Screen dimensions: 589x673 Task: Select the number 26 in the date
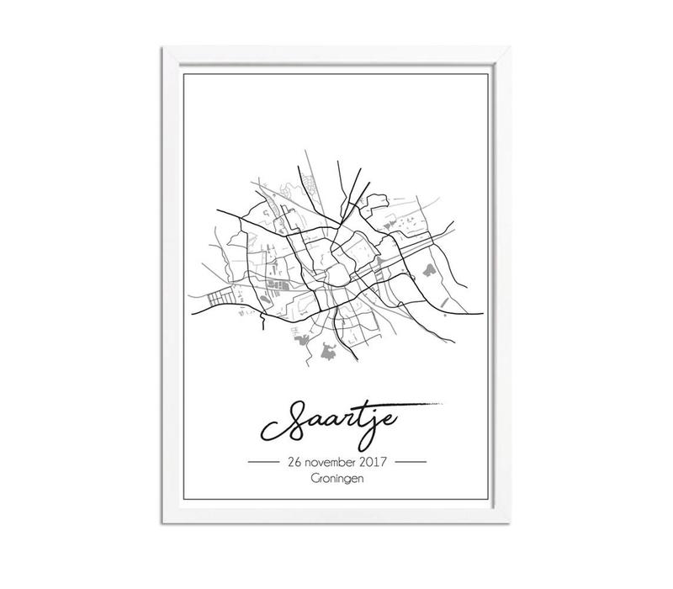point(294,463)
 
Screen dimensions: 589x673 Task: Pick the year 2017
point(376,463)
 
